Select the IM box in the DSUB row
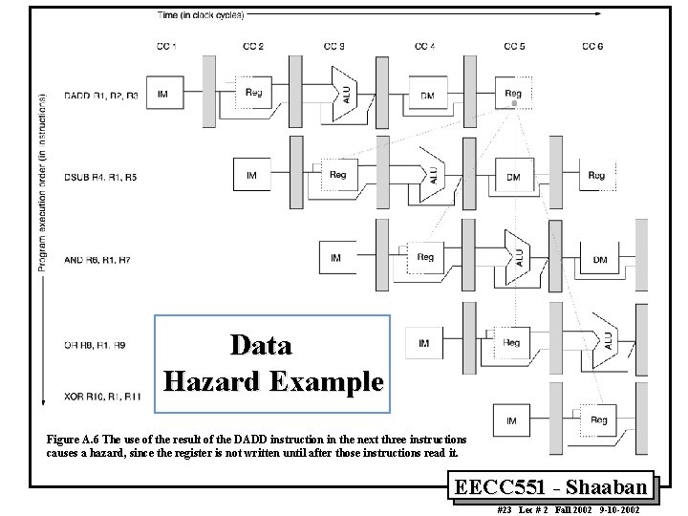point(252,176)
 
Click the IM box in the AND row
point(335,258)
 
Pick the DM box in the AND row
point(600,259)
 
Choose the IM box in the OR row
point(423,341)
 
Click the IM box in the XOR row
point(511,419)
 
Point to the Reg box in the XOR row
point(599,419)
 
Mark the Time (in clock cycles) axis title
point(201,14)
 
